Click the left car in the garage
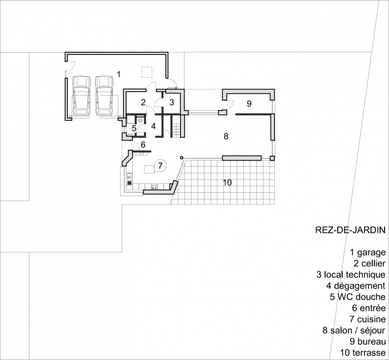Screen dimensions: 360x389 pos(82,96)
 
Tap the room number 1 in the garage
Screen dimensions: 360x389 pos(118,74)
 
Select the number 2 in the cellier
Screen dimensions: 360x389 pos(143,102)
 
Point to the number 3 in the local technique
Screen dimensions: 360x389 pos(172,102)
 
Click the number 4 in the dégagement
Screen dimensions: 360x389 pos(153,126)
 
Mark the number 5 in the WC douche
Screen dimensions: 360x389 pos(134,128)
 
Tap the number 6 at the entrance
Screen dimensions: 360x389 pos(143,145)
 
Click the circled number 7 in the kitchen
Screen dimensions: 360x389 pos(159,165)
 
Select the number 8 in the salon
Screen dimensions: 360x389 pos(226,136)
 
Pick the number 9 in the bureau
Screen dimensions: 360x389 pos(249,104)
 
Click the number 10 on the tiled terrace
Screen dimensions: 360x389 pos(227,182)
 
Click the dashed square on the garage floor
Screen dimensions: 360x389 pos(147,72)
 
